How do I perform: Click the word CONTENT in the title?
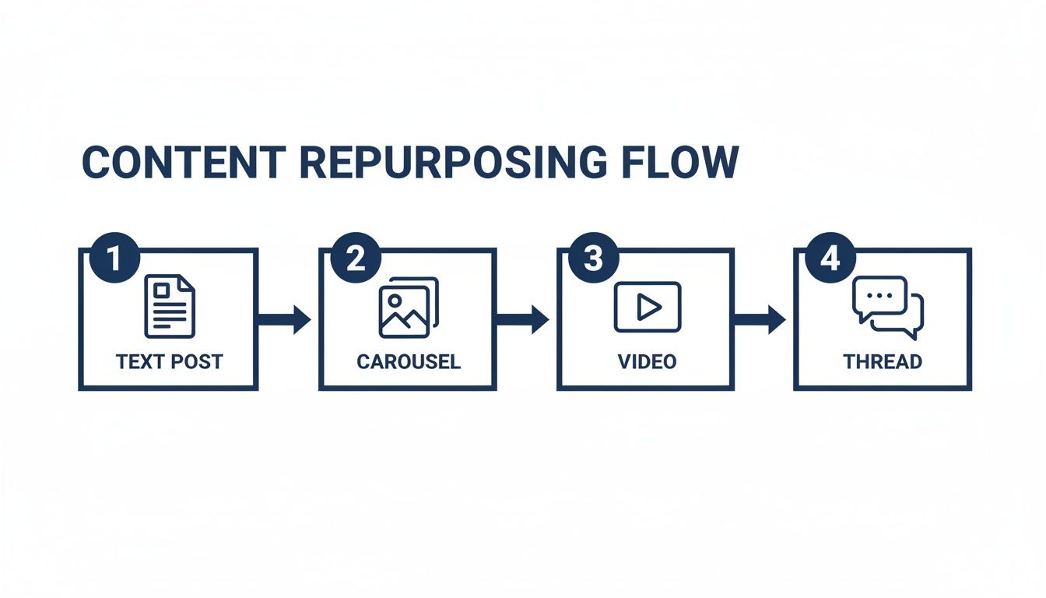[x=184, y=163]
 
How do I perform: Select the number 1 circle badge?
[x=114, y=259]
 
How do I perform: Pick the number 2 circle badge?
[x=355, y=259]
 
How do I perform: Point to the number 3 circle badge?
[x=593, y=259]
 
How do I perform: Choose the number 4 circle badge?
[x=830, y=259]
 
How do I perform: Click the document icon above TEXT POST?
[x=170, y=306]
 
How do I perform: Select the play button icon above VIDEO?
[x=647, y=307]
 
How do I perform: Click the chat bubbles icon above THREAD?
[x=887, y=308]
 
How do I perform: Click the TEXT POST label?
[x=169, y=361]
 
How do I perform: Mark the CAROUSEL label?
[x=409, y=361]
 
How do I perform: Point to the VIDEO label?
[x=647, y=361]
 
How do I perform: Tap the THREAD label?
[x=883, y=361]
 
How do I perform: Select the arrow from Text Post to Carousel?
[x=285, y=319]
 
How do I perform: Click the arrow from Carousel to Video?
[x=523, y=319]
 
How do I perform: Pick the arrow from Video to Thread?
[x=760, y=319]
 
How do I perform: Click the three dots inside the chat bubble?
[x=879, y=296]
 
